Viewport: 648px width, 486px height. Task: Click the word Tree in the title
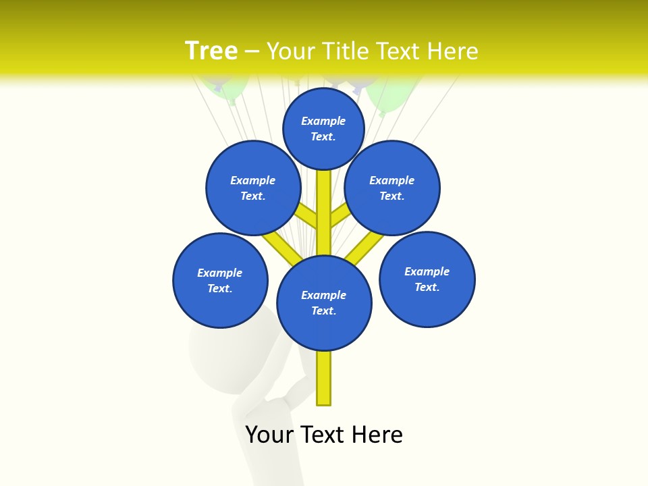click(x=211, y=51)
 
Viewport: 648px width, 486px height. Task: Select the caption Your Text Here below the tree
click(x=324, y=435)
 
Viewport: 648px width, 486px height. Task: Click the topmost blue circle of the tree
click(x=323, y=128)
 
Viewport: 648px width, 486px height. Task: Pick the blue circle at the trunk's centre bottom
click(x=324, y=303)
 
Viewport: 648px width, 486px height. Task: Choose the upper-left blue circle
click(x=252, y=188)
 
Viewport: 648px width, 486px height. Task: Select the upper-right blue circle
click(x=392, y=188)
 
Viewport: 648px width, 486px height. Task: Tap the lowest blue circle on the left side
click(x=220, y=280)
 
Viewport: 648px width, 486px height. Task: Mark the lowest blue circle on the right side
click(x=427, y=279)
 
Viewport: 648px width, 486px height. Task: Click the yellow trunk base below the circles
click(x=324, y=378)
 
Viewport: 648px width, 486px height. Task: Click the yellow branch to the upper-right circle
click(x=340, y=215)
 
